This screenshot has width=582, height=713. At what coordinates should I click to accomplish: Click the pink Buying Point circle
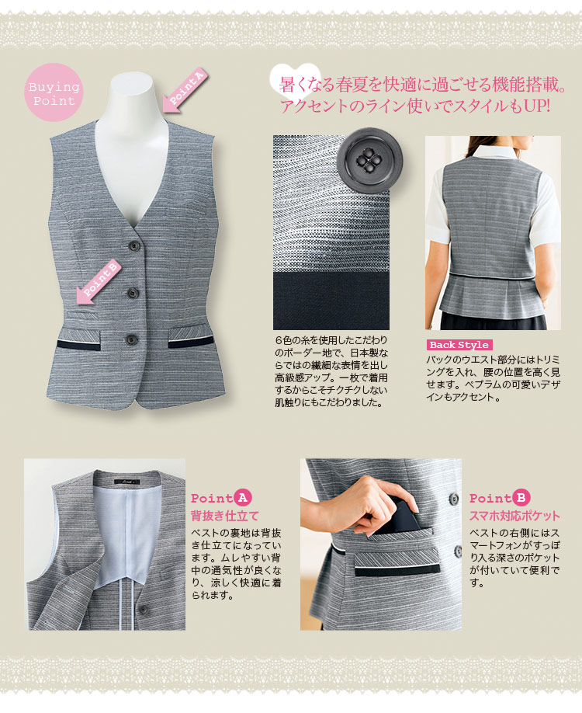tap(54, 92)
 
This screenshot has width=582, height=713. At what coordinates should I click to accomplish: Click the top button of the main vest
tap(133, 246)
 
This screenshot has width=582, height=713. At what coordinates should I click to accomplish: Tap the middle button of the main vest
tap(133, 293)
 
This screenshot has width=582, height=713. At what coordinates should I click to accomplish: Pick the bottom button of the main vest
tap(132, 339)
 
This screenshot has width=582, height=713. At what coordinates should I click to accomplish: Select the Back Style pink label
tap(459, 345)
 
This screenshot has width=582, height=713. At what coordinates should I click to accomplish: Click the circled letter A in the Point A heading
tap(243, 498)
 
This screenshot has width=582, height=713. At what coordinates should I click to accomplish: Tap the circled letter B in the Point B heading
tap(521, 498)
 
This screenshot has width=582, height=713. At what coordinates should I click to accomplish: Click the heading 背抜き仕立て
tap(225, 516)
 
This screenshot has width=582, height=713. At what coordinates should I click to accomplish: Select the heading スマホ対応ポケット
tap(514, 516)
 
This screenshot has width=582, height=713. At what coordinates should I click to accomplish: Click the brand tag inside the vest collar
tap(126, 482)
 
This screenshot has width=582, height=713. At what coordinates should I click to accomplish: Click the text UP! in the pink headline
tap(537, 106)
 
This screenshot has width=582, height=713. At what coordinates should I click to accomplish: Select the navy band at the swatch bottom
tap(331, 301)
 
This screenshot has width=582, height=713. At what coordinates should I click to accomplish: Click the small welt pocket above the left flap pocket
tap(82, 315)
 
